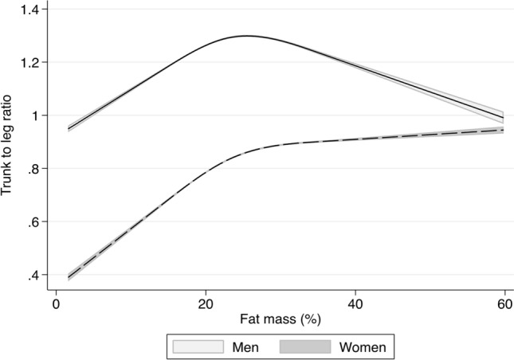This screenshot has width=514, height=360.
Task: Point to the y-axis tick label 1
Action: (x=38, y=115)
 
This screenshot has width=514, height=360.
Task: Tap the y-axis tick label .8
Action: (x=36, y=169)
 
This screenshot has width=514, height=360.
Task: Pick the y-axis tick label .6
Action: (x=36, y=222)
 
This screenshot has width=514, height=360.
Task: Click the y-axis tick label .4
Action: (x=36, y=276)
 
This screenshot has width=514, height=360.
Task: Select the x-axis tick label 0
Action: (x=56, y=305)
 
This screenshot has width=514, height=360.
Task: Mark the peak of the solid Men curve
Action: (x=247, y=36)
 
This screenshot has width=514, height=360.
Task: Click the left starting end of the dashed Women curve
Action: (x=69, y=277)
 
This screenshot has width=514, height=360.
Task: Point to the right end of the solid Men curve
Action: (x=503, y=118)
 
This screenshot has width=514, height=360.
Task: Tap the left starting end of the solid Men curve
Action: (x=69, y=128)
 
